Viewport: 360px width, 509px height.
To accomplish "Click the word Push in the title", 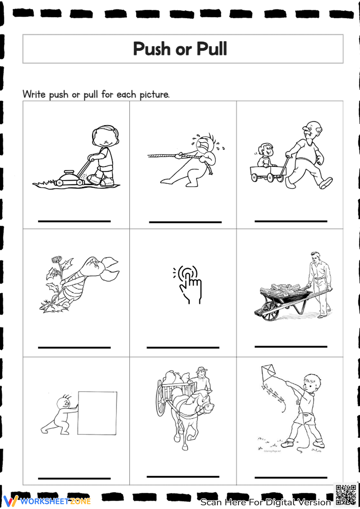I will (152, 49).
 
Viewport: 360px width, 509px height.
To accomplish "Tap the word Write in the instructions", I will (34, 94).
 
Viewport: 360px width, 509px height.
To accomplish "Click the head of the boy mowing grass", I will (105, 136).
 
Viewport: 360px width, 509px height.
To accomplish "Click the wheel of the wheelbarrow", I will (270, 311).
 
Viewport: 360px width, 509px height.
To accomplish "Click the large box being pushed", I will (97, 413).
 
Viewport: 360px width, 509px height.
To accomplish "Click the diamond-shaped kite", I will (268, 372).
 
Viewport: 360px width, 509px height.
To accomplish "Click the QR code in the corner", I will (346, 495).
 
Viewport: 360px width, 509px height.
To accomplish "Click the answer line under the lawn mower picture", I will (74, 221).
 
